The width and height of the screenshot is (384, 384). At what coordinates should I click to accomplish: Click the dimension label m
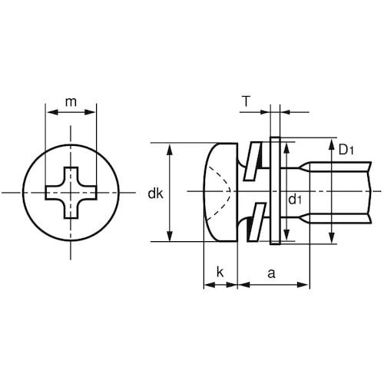[71, 102]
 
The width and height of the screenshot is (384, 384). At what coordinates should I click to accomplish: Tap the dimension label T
[247, 101]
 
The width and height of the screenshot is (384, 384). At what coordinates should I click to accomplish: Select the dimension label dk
[155, 194]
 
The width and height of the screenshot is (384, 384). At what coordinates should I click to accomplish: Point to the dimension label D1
[346, 150]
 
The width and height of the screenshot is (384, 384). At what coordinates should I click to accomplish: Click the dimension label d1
[295, 199]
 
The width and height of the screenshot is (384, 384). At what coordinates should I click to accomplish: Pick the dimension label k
[220, 272]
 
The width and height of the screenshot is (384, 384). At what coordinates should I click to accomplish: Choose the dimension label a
[271, 273]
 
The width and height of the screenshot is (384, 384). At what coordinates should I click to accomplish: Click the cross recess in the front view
[71, 193]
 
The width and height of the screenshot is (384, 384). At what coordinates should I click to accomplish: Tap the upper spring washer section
[253, 161]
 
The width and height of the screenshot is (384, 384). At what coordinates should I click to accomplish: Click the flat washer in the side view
[275, 191]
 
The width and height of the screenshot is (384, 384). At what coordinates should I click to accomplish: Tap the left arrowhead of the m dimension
[52, 112]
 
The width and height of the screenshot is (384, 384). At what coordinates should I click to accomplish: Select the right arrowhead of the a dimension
[303, 285]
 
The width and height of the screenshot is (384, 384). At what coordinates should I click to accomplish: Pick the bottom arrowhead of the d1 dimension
[286, 234]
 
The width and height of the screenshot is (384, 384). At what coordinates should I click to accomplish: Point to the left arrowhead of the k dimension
[210, 285]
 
